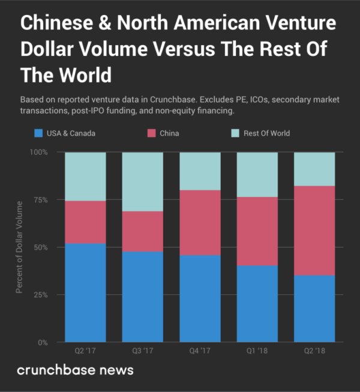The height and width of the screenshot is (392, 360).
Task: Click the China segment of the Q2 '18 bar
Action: coord(314,231)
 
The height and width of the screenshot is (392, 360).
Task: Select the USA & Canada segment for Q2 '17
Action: coord(85,292)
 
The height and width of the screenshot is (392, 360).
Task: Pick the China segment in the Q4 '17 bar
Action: coord(200,223)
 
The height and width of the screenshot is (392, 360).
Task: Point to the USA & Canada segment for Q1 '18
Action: coord(257,304)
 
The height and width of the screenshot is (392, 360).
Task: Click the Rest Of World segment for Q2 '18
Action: coord(314,169)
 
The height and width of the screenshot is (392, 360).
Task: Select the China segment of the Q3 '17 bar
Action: coord(142,231)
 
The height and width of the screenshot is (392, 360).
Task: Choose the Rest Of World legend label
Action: coord(266,133)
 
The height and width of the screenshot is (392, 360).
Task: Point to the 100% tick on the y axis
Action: coord(39,152)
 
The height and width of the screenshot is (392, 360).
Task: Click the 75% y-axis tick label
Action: coord(41,200)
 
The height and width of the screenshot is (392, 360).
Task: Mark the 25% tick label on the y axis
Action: coord(41,295)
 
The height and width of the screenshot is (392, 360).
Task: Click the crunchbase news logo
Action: coord(75,370)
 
